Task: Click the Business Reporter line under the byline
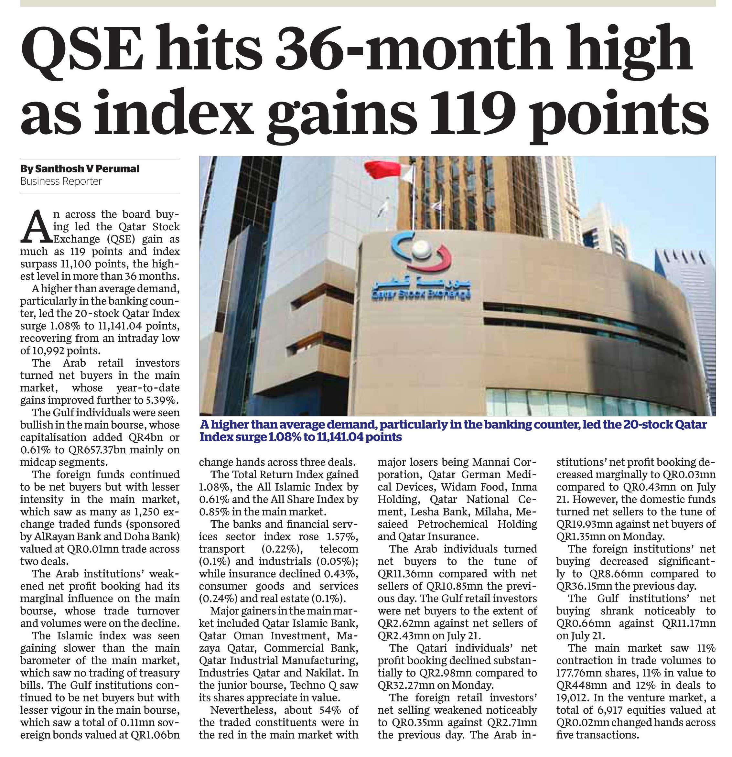click(x=61, y=181)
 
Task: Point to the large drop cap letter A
click(x=36, y=226)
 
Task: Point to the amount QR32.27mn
click(x=406, y=685)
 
